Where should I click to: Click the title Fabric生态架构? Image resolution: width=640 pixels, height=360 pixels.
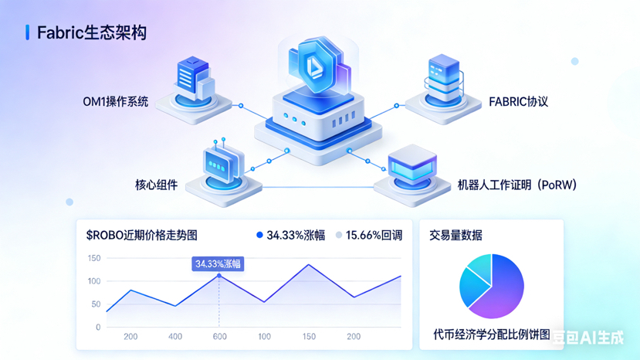[92, 32]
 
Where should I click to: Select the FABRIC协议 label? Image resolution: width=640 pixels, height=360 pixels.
[518, 101]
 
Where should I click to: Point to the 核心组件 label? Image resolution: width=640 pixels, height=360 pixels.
[156, 185]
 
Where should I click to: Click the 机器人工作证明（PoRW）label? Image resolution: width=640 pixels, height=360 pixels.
[517, 185]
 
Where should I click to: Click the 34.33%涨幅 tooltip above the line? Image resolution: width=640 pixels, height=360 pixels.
[218, 263]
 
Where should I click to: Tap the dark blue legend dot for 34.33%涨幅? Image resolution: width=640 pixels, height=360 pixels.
[259, 235]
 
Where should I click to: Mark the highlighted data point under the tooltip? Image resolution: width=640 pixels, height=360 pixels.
[219, 276]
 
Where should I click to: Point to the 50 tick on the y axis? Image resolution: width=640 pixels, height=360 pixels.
[95, 304]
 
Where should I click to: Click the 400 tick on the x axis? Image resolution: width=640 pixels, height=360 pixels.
[175, 337]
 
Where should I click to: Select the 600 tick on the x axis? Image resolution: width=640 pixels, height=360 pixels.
[220, 337]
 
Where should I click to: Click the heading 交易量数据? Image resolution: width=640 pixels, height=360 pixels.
[455, 235]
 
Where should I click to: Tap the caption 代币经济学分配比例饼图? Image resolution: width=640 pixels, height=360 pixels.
[491, 335]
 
